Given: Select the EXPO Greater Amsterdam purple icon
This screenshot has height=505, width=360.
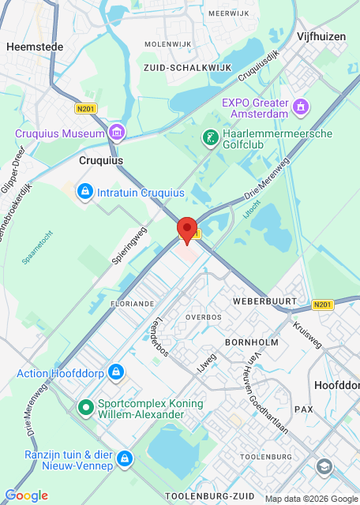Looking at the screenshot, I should (x=300, y=106).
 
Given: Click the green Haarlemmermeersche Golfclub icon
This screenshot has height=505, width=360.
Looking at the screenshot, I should (x=210, y=138).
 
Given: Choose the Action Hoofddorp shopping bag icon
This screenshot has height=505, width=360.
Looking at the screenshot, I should (x=116, y=371).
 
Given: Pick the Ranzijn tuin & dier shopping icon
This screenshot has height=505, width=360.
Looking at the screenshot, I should (x=124, y=458).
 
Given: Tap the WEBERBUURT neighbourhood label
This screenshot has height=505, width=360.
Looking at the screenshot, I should (x=264, y=302).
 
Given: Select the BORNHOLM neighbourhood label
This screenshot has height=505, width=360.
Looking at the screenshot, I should (x=252, y=343).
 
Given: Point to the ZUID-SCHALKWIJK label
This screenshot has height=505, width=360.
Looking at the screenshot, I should (x=188, y=68).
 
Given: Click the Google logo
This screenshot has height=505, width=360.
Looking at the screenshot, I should (x=26, y=495).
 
